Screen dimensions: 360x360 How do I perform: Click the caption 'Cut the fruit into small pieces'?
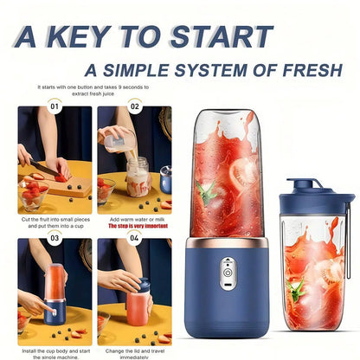tap(55, 219)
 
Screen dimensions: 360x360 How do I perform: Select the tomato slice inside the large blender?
tap(245, 173)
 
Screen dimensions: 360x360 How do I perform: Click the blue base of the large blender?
tap(228, 294)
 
